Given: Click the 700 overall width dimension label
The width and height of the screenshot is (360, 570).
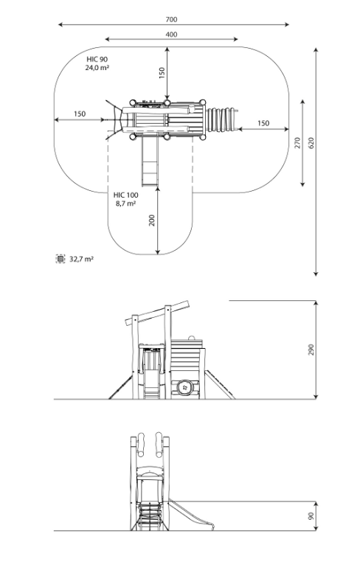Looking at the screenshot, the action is (172, 20).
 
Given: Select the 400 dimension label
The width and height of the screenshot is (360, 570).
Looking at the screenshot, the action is (172, 35).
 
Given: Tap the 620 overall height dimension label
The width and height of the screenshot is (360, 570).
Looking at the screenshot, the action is (311, 143).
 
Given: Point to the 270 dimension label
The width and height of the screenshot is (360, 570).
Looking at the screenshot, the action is (298, 143).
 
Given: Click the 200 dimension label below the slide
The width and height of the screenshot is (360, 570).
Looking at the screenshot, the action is (152, 220).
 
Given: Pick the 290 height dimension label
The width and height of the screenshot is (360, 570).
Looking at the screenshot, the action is (311, 350).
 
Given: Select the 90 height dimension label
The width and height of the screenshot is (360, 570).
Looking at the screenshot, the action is (311, 516).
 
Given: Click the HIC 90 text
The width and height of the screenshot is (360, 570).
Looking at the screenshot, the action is (97, 59).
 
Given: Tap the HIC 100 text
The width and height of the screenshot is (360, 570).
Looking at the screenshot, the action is (126, 195).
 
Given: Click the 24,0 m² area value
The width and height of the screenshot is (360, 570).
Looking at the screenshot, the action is (97, 68).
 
